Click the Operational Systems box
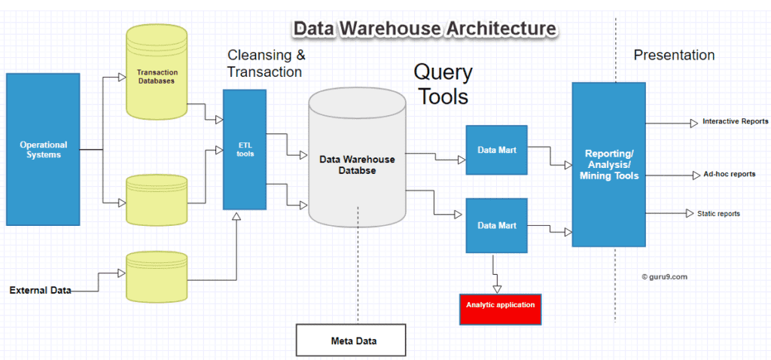tap(43, 149)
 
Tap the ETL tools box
tap(245, 149)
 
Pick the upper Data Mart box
tap(496, 150)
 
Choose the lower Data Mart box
tap(496, 225)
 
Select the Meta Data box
tap(351, 340)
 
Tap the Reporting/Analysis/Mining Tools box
tap(608, 164)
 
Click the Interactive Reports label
tap(735, 121)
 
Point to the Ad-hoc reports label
tap(729, 174)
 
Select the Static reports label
tap(718, 214)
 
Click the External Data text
tap(40, 290)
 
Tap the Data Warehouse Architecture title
tap(425, 29)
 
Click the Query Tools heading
tap(443, 84)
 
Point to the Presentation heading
tap(674, 55)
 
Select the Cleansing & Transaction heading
tap(266, 64)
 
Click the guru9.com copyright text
tap(664, 276)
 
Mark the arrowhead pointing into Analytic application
tap(496, 288)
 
